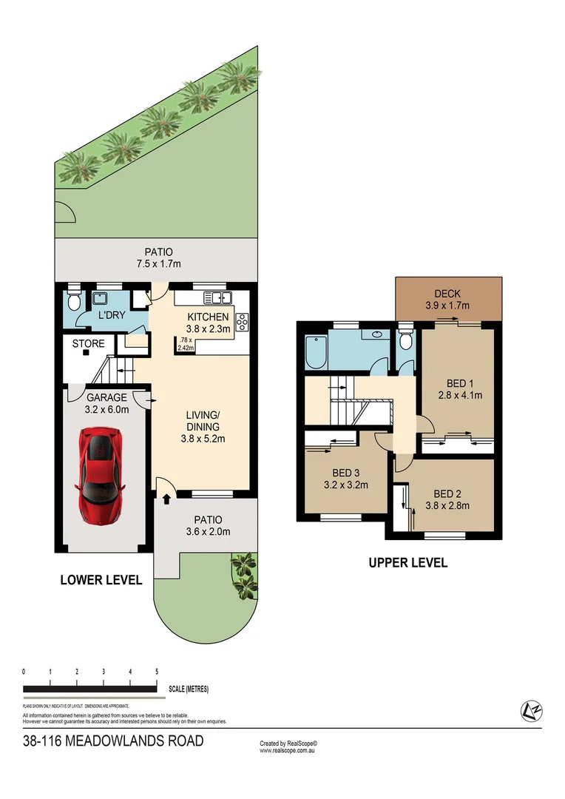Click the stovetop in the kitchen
pyautogui.click(x=241, y=323)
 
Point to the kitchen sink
pyautogui.click(x=218, y=297)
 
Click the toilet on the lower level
pyautogui.click(x=73, y=301)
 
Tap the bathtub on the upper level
pyautogui.click(x=315, y=353)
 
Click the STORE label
pyautogui.click(x=88, y=344)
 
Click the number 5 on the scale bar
pyautogui.click(x=157, y=672)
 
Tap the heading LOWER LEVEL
pyautogui.click(x=101, y=581)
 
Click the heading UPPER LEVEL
pyautogui.click(x=407, y=563)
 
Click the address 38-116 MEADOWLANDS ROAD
pyautogui.click(x=113, y=741)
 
